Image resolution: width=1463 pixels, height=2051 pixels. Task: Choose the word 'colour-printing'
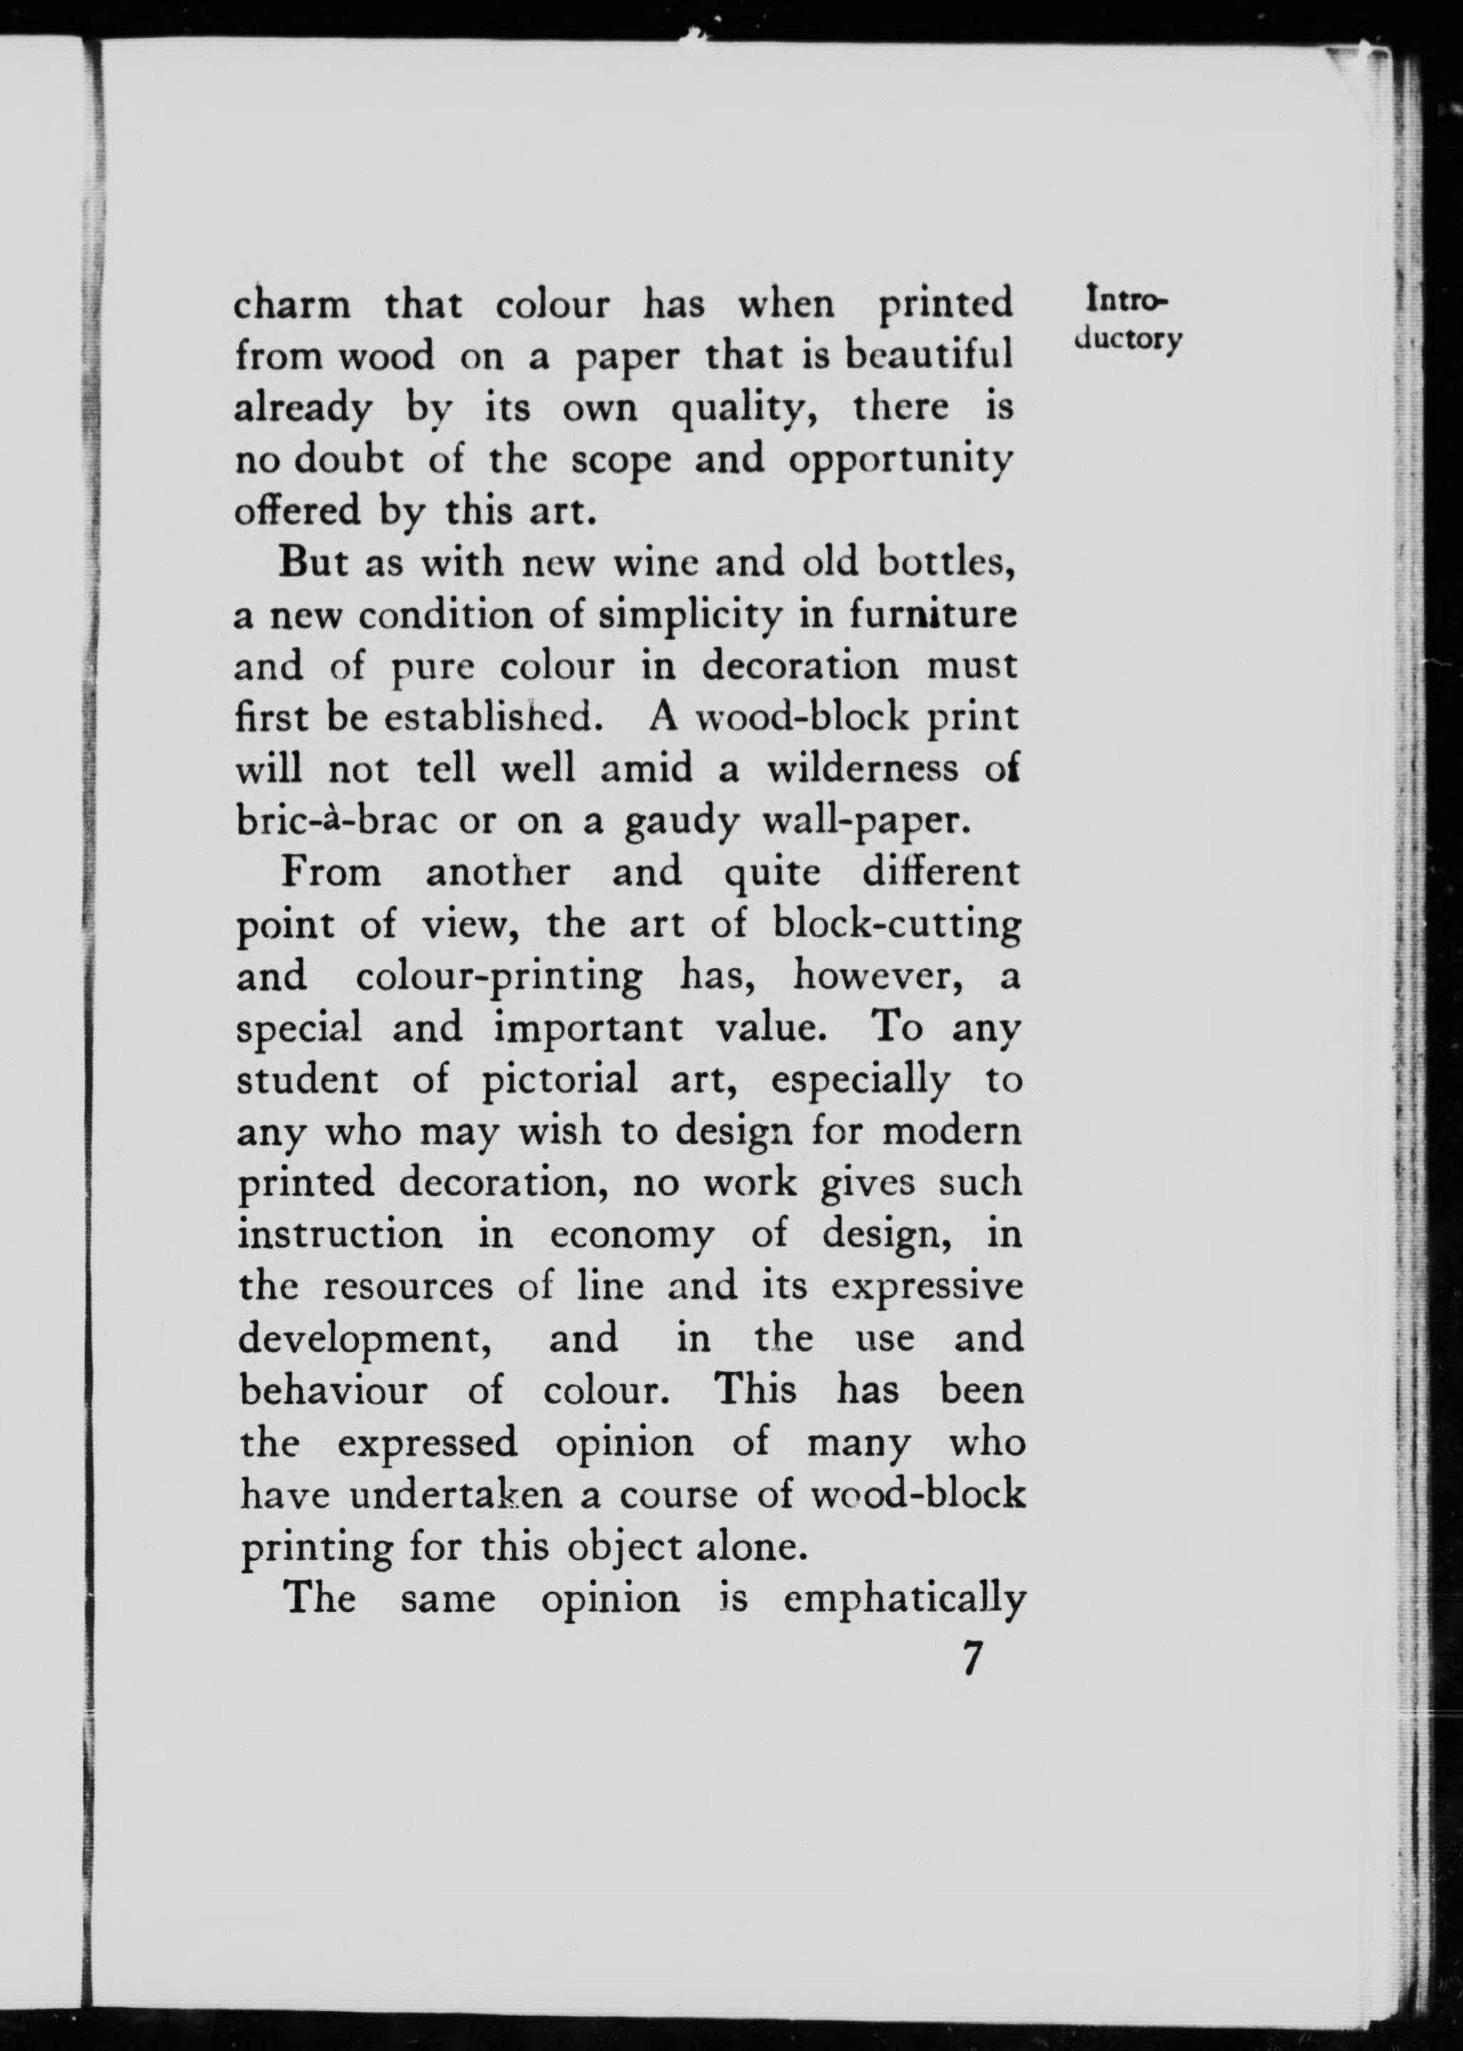(x=499, y=977)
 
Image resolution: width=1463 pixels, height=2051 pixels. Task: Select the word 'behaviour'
(x=333, y=1391)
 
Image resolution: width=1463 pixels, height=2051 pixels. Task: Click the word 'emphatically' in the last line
(x=905, y=1599)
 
